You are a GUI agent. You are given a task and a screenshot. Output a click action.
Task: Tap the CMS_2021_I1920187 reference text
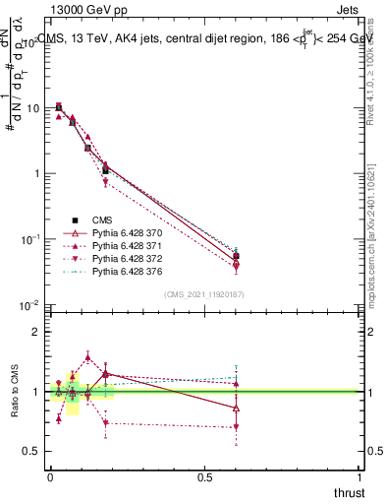(203, 294)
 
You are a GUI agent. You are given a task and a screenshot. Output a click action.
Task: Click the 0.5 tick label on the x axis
(204, 476)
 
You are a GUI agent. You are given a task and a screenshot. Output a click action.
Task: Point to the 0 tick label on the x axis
(50, 476)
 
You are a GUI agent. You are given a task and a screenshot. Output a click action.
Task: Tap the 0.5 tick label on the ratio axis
(29, 451)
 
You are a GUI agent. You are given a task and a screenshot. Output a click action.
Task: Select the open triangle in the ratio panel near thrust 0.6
(236, 408)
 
